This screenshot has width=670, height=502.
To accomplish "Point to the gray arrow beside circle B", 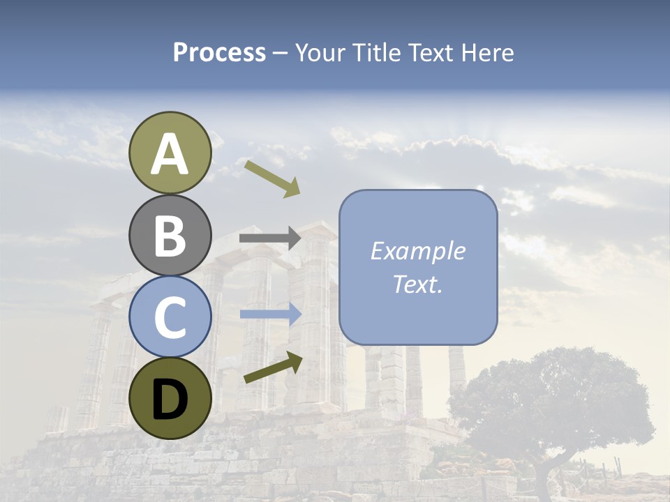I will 269,238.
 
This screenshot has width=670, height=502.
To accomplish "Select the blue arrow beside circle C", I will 270,314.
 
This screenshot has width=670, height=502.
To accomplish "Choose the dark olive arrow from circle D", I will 273,368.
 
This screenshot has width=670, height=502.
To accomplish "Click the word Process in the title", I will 219,53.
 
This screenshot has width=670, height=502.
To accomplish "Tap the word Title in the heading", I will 375,53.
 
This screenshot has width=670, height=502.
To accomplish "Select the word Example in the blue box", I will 417,251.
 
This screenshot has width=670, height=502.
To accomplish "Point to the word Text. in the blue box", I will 417,284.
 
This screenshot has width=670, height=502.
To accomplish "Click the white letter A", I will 170,155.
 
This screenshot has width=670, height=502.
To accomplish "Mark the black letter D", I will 170,400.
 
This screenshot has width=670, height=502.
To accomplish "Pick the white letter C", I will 170,318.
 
